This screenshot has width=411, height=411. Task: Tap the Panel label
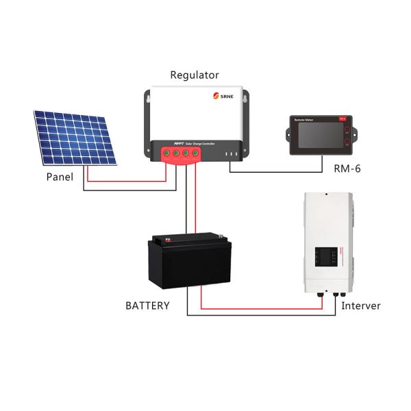coord(60,177)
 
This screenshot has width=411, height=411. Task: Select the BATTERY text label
coord(147,306)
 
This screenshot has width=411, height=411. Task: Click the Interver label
coord(361,306)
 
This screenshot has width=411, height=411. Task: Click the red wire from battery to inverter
coord(260,308)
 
